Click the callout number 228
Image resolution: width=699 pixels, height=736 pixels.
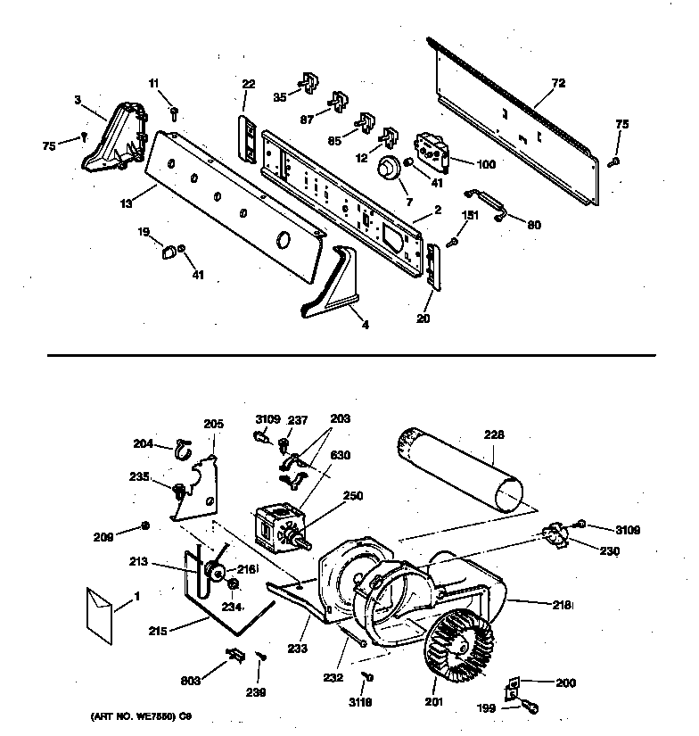(x=494, y=434)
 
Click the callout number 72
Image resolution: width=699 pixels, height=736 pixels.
(x=559, y=83)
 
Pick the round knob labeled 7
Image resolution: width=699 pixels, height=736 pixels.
(x=388, y=168)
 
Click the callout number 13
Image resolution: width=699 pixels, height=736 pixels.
(x=126, y=203)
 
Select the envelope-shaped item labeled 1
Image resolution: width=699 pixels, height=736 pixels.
(x=99, y=610)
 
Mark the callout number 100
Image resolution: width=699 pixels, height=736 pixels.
(x=486, y=164)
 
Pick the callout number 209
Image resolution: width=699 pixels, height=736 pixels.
(x=105, y=536)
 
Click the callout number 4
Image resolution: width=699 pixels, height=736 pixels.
(x=365, y=325)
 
